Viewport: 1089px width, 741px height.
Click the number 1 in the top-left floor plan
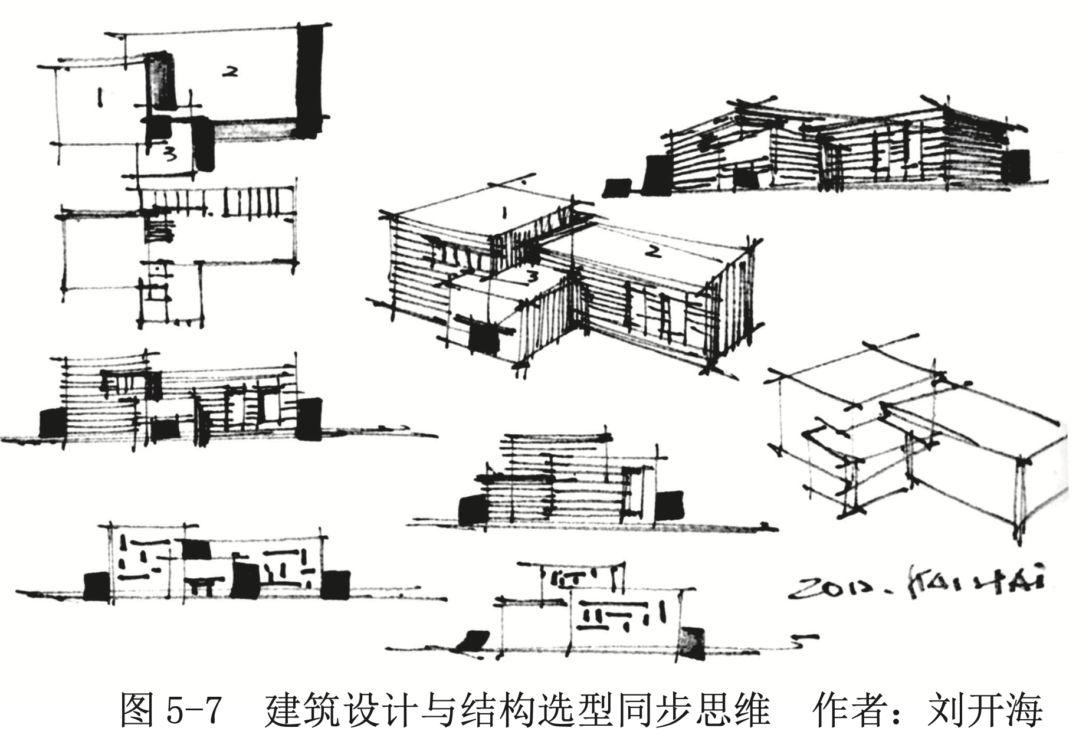pyautogui.click(x=100, y=97)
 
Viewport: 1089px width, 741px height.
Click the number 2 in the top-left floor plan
pyautogui.click(x=229, y=72)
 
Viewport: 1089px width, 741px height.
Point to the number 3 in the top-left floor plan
pyautogui.click(x=170, y=155)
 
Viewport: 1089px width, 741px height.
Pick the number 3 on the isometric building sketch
pyautogui.click(x=532, y=276)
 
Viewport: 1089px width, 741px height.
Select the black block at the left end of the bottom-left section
pyautogui.click(x=96, y=585)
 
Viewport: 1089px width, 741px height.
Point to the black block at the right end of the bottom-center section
pyautogui.click(x=693, y=643)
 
